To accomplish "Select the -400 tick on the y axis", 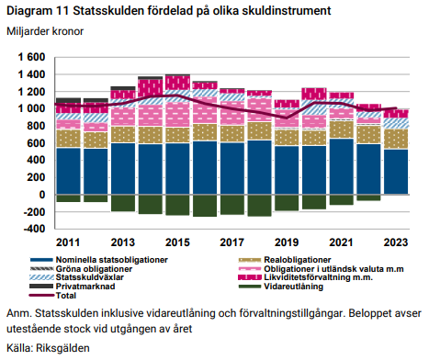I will click(29, 229).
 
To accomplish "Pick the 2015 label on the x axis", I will click(177, 242).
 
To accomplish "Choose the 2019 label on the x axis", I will click(287, 242).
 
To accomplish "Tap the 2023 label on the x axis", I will click(395, 242).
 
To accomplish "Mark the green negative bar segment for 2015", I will click(177, 205).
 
